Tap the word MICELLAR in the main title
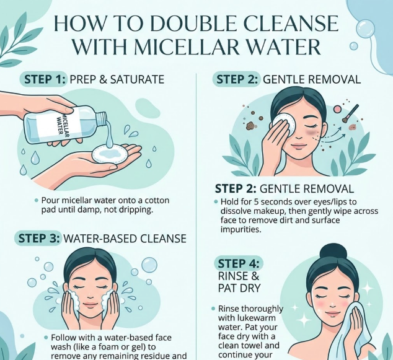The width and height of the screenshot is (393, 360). (182, 46)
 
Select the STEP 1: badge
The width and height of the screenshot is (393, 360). (43, 79)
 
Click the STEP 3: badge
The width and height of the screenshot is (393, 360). (39, 239)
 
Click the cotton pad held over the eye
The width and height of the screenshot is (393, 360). (285, 123)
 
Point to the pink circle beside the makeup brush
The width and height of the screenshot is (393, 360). (337, 109)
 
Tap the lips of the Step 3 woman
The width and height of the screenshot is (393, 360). (90, 305)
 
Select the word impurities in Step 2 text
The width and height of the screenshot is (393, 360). (241, 229)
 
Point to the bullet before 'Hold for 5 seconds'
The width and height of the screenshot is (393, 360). (216, 201)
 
